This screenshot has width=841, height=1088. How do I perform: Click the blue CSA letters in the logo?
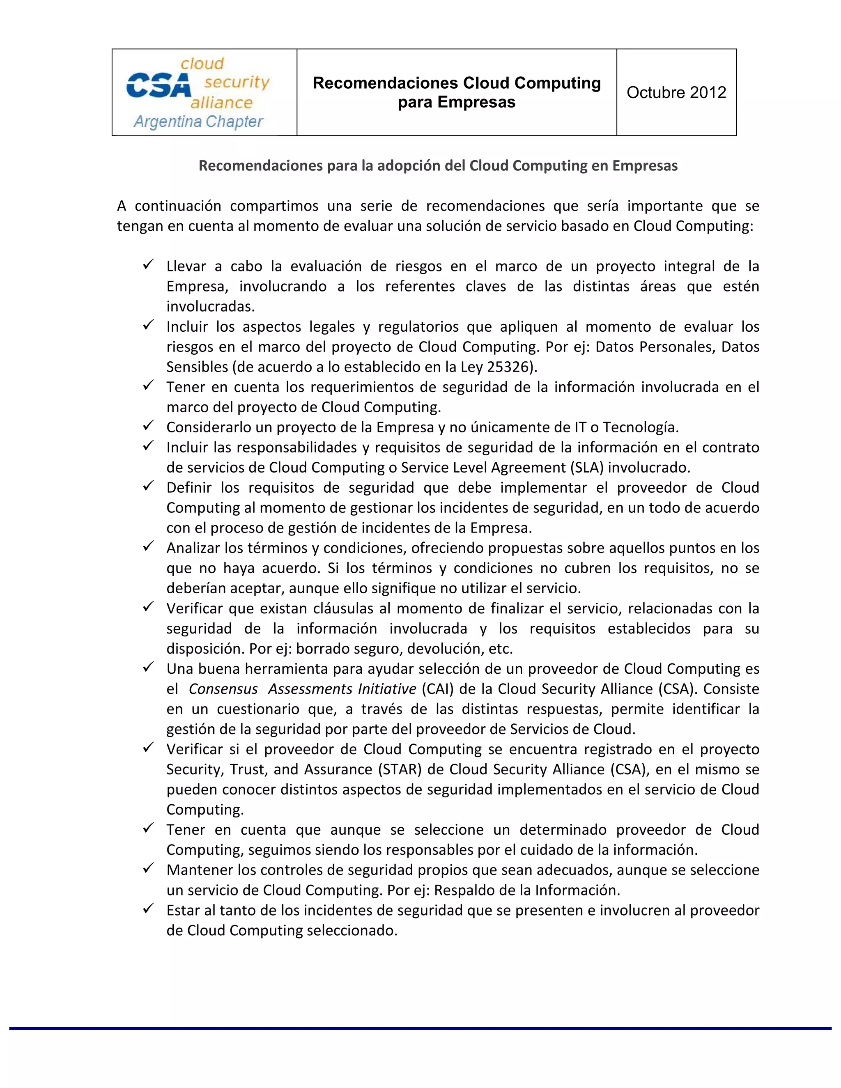[159, 86]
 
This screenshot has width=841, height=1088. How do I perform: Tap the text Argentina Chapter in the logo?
[198, 122]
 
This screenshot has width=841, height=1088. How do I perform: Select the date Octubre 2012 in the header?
[676, 93]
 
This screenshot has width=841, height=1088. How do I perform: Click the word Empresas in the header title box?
[476, 102]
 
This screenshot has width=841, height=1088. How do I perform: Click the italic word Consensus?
[223, 689]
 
